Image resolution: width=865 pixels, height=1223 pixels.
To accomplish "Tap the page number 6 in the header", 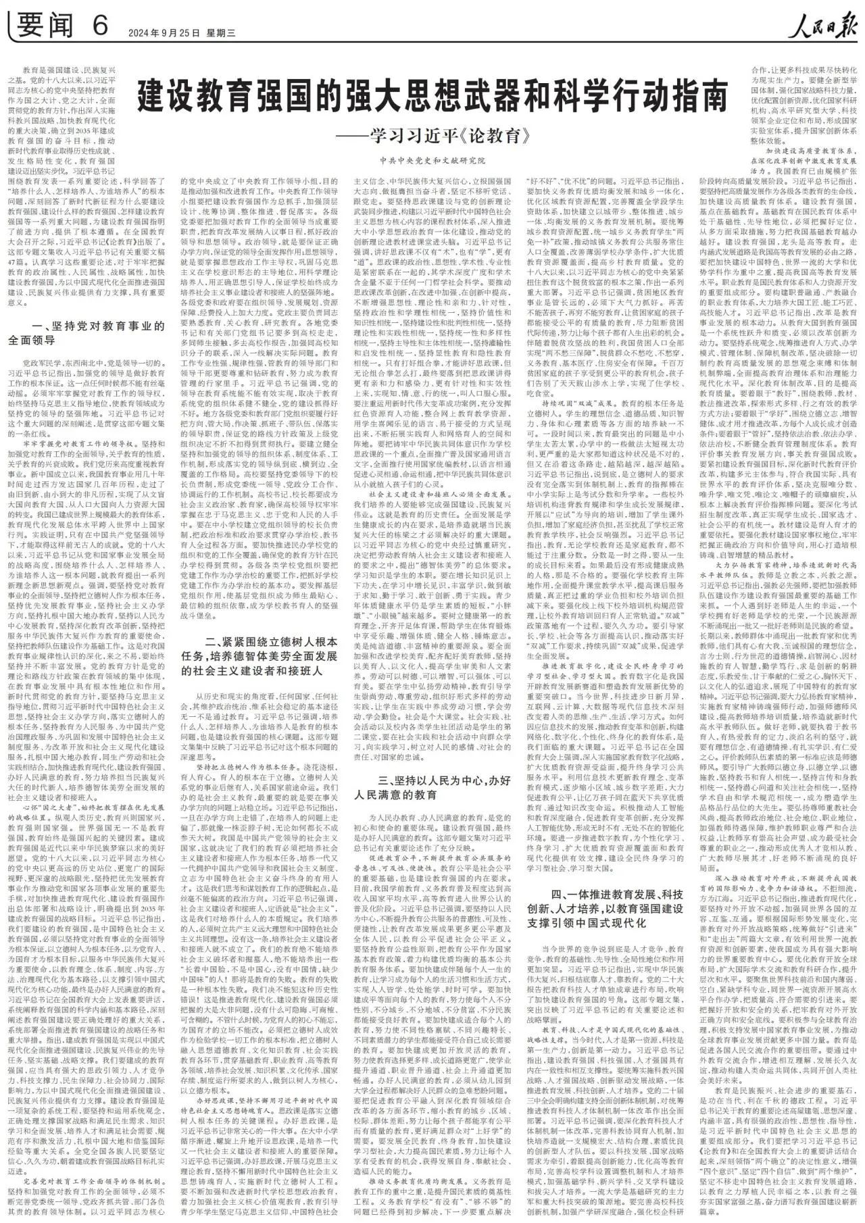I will point(101,26).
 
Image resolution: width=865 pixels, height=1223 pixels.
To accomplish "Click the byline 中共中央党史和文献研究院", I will point(432,161).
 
